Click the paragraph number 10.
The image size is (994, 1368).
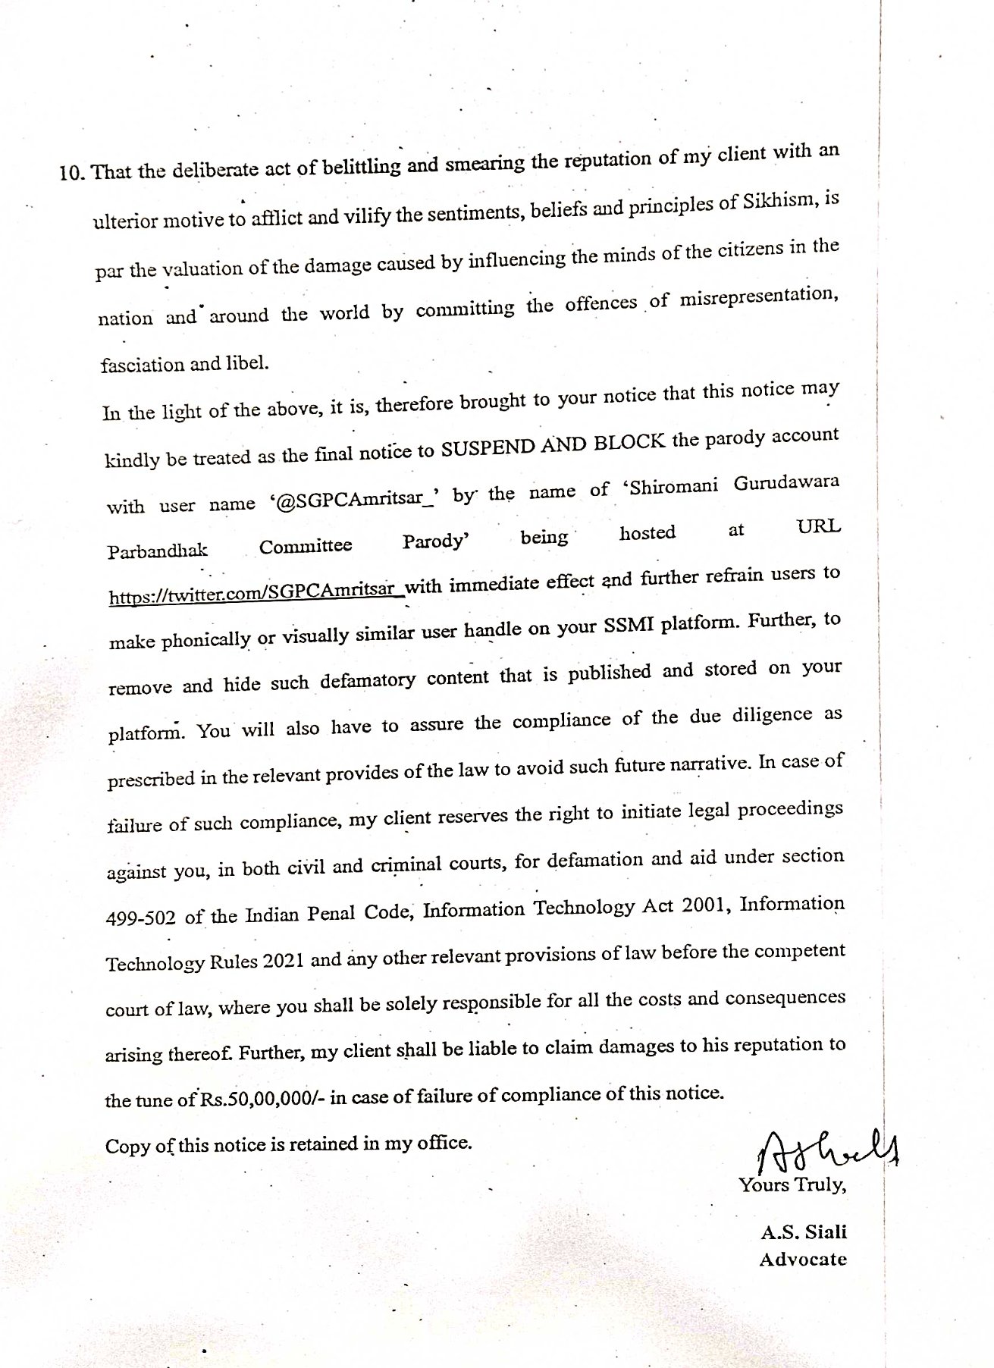[x=73, y=173]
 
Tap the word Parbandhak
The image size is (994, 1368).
[x=158, y=550]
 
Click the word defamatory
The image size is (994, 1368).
[x=367, y=679]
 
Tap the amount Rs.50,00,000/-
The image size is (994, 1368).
[x=261, y=1097]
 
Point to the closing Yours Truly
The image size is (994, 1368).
[x=792, y=1184]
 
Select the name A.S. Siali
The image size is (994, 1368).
[x=803, y=1232]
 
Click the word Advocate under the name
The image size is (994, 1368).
[x=802, y=1259]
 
